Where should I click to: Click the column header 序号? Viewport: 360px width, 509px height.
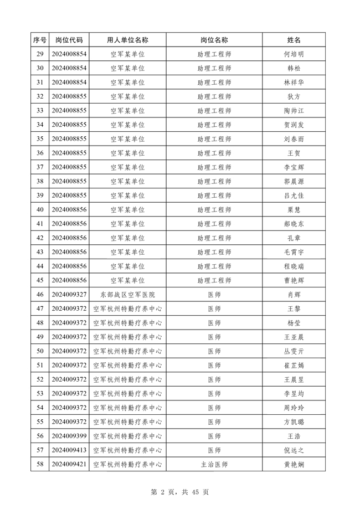pos(39,40)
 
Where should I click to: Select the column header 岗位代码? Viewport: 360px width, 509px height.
pos(69,40)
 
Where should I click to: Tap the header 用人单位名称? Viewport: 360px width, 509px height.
pos(127,40)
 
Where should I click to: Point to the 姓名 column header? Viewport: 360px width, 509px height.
pos(294,40)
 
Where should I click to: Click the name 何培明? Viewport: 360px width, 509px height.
pos(294,54)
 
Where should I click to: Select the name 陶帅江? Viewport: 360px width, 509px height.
pos(294,111)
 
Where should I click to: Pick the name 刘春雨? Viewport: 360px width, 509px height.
pos(294,139)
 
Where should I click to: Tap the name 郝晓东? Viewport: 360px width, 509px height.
pos(294,224)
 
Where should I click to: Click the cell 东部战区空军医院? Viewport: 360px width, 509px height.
pos(127,294)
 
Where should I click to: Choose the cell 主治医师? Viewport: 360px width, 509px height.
pos(214,464)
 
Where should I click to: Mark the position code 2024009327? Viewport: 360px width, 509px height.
pos(69,294)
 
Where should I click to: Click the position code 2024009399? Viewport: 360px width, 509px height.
pos(69,436)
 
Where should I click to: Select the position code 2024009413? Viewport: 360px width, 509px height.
pos(69,450)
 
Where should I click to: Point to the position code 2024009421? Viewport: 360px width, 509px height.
pos(69,464)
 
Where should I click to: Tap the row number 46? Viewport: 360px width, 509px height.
pos(39,294)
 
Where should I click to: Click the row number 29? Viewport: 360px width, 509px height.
pos(39,54)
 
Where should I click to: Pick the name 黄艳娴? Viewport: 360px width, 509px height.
pos(294,464)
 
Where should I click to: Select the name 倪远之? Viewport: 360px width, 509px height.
pos(294,450)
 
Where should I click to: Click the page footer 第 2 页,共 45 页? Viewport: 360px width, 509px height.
pos(180,492)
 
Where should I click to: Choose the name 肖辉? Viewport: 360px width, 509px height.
pos(294,294)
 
